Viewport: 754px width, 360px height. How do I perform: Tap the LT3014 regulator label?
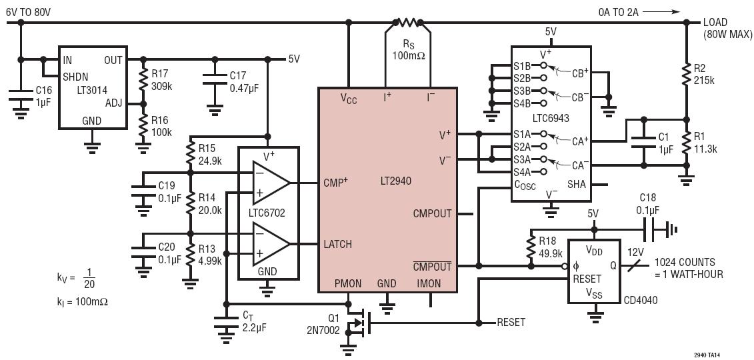pyautogui.click(x=93, y=89)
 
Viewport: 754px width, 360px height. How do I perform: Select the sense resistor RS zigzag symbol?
pyautogui.click(x=407, y=22)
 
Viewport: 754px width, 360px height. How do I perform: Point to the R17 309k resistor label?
pyautogui.click(x=161, y=79)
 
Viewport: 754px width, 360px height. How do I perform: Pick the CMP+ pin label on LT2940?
pyautogui.click(x=337, y=182)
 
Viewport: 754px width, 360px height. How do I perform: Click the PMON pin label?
pyautogui.click(x=348, y=283)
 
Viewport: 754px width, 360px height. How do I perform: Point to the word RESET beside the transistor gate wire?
pyautogui.click(x=511, y=322)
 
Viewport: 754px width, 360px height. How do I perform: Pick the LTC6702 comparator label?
pyautogui.click(x=268, y=213)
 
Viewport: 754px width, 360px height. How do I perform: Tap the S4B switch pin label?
pyautogui.click(x=522, y=103)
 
